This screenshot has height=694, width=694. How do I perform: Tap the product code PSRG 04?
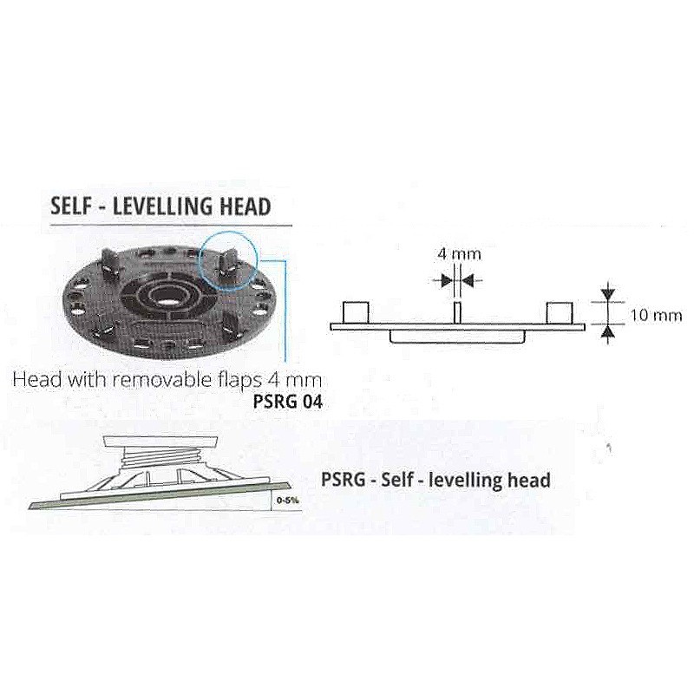coord(288,402)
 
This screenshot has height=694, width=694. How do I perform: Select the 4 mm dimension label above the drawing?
coord(459,254)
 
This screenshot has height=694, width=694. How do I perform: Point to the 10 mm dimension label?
coord(657,315)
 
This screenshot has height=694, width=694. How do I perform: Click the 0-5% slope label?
coord(287,501)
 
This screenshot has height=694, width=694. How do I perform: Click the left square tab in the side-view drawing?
coord(356,313)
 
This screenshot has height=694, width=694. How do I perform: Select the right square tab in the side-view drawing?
coord(560,313)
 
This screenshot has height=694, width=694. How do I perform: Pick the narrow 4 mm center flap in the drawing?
coord(458,313)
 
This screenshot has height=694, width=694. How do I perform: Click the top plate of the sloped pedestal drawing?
coord(160,442)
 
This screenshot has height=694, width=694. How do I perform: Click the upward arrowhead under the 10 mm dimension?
coord(609,332)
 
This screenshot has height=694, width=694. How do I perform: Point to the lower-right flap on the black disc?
coord(230,324)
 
